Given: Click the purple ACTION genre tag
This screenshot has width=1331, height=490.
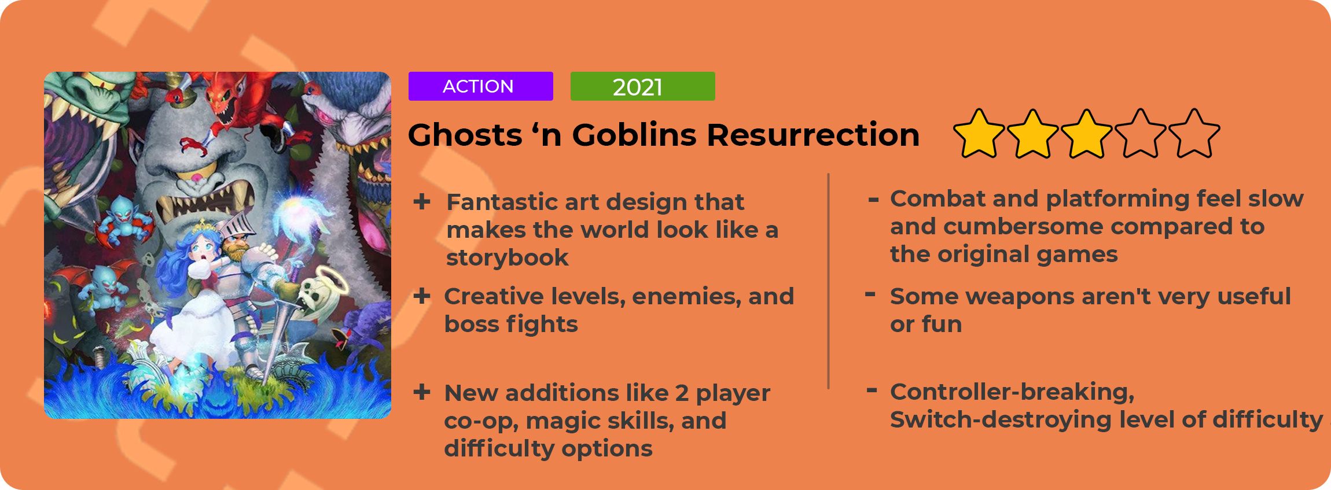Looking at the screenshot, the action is tap(480, 86).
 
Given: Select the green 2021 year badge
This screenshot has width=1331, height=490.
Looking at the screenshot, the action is tap(642, 86).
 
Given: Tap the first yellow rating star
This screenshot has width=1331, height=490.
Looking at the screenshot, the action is tap(979, 134).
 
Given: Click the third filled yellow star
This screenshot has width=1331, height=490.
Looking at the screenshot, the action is tap(1086, 134).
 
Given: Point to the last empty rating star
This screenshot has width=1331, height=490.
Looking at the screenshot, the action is tap(1194, 134).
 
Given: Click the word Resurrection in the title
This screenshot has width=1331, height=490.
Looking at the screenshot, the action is tap(813, 135).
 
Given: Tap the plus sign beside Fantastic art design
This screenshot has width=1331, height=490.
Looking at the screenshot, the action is tap(422, 202).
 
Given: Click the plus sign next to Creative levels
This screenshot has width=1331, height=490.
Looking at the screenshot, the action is tap(422, 296).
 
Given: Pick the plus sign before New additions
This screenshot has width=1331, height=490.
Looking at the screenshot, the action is tap(422, 392).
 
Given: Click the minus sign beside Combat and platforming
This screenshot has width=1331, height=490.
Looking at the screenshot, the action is tap(873, 200).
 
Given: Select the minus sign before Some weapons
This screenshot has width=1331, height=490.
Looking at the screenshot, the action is tap(870, 294).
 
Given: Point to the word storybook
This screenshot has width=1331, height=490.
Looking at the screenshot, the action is tap(507, 258).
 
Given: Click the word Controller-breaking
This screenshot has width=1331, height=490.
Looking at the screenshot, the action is tap(1012, 392).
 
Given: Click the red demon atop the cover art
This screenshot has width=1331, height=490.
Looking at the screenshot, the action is tap(243, 116).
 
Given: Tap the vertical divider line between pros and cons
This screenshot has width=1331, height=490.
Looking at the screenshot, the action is tap(829, 281).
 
